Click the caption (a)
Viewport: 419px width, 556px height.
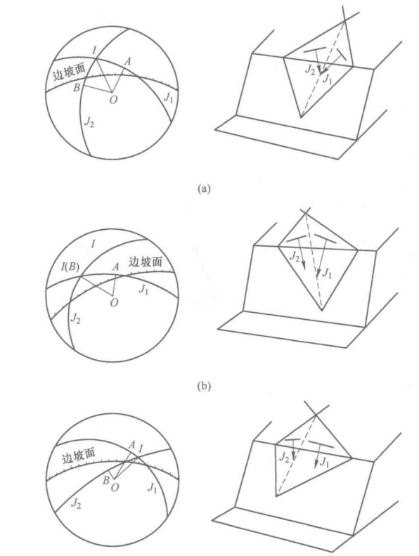[204, 188]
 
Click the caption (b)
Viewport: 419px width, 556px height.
[204, 386]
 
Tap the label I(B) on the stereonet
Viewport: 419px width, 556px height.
[70, 266]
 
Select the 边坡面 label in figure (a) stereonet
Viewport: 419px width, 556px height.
[69, 72]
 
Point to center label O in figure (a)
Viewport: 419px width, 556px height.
[113, 100]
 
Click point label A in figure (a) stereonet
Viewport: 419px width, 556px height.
[127, 61]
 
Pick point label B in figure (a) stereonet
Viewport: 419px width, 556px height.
[77, 88]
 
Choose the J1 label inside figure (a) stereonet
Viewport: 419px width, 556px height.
[168, 98]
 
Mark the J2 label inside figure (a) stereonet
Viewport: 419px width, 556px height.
[89, 122]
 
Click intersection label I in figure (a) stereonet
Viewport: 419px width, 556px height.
[94, 51]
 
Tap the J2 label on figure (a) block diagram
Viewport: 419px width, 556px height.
[310, 70]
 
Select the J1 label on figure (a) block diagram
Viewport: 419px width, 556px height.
[327, 79]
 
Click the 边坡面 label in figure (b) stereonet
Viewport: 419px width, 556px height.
[146, 261]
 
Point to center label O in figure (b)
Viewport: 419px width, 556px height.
[114, 303]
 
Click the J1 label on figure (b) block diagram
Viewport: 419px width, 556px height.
[326, 273]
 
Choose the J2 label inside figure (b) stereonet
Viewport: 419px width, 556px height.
[75, 318]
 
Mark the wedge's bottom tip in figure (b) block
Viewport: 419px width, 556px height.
[321, 311]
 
